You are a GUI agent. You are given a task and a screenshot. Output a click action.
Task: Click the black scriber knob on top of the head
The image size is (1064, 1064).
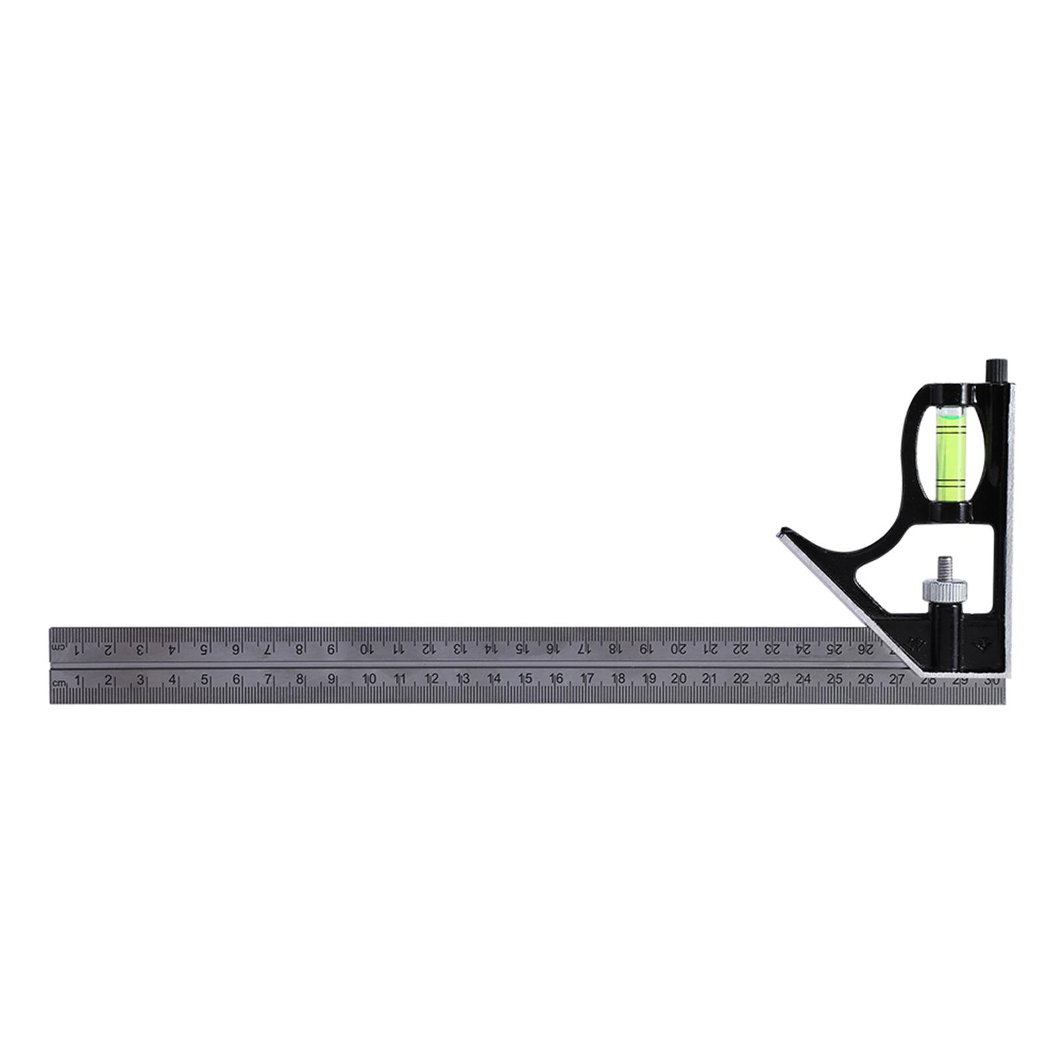click(996, 370)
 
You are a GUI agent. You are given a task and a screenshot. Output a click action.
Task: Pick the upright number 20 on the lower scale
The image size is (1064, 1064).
click(679, 679)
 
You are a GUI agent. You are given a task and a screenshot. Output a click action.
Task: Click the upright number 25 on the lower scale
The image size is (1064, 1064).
click(835, 679)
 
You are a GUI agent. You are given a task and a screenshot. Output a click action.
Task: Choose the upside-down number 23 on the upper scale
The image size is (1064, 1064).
click(772, 649)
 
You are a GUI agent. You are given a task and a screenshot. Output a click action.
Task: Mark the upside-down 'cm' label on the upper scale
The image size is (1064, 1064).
click(60, 647)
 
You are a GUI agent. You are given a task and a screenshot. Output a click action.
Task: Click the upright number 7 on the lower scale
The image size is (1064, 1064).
click(268, 679)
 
